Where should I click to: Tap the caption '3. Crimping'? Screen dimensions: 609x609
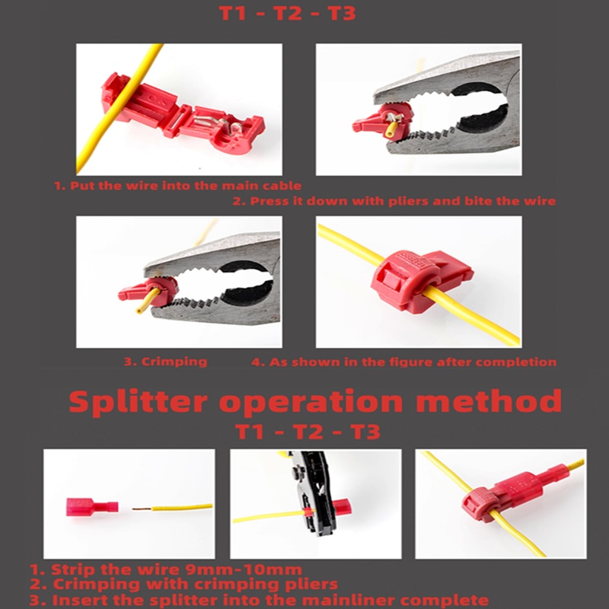[165, 362]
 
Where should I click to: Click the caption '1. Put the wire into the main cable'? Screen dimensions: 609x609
[177, 185]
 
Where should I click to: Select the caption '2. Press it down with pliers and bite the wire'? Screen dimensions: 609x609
[394, 201]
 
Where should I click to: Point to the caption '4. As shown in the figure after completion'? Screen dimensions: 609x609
[403, 362]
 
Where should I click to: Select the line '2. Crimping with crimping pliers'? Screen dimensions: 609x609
[184, 585]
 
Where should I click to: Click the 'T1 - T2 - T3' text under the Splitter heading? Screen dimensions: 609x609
[308, 432]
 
